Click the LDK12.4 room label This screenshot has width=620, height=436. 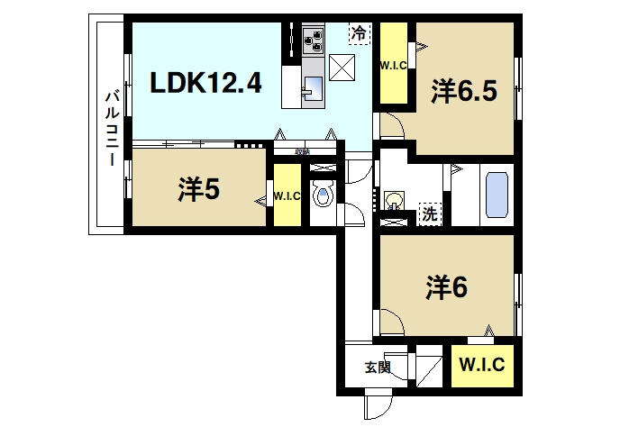click(x=205, y=84)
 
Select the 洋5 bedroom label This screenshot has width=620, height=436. click(x=199, y=189)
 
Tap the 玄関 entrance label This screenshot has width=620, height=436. click(x=378, y=367)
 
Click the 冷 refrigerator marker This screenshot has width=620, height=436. click(x=359, y=33)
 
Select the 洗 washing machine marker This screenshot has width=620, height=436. click(x=431, y=214)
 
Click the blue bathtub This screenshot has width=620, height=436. click(x=497, y=193)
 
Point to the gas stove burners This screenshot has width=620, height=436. click(x=315, y=39)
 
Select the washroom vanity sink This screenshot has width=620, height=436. click(x=394, y=200)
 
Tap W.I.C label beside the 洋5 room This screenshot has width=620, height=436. click(x=287, y=195)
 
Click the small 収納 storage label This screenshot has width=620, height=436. click(x=301, y=151)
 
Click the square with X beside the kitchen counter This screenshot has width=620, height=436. click(x=342, y=67)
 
